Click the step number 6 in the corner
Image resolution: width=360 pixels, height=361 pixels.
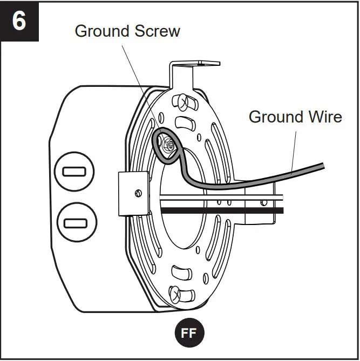coord(19,22)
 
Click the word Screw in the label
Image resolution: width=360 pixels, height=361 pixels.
coord(158,31)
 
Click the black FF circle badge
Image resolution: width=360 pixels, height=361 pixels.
coord(188,333)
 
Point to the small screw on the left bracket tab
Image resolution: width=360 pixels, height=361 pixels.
coord(139,193)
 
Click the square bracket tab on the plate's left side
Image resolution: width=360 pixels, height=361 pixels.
coord(132,193)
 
